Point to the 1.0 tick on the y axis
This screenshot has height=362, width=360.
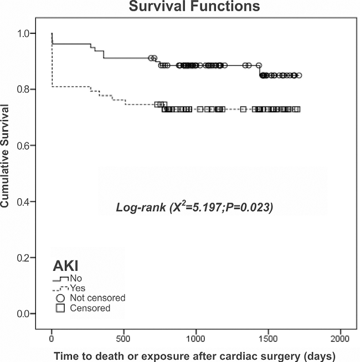point(27,33)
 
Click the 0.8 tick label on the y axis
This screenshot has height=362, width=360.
point(27,89)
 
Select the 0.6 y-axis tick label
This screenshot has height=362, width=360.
point(27,146)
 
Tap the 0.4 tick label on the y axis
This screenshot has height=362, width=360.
point(27,201)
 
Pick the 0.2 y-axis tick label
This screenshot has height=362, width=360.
point(27,258)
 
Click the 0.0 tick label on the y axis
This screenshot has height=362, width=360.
point(27,314)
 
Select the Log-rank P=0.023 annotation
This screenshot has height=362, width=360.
point(194,208)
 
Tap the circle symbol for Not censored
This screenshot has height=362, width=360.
point(61,298)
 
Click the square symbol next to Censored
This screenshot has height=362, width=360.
point(61,308)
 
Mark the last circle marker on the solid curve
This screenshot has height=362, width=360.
point(299,75)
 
